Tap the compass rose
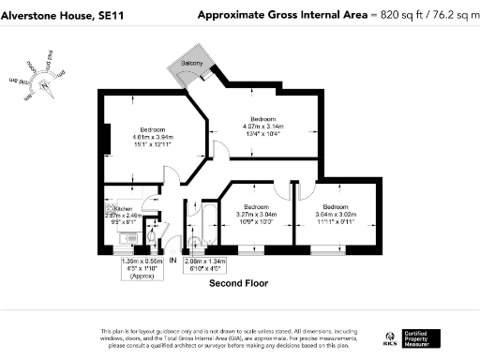click(42, 83)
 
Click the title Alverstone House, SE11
click(54, 15)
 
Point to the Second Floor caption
click(238, 281)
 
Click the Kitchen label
click(126, 209)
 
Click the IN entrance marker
click(172, 260)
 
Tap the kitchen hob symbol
click(111, 208)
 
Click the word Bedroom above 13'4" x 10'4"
click(262, 119)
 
